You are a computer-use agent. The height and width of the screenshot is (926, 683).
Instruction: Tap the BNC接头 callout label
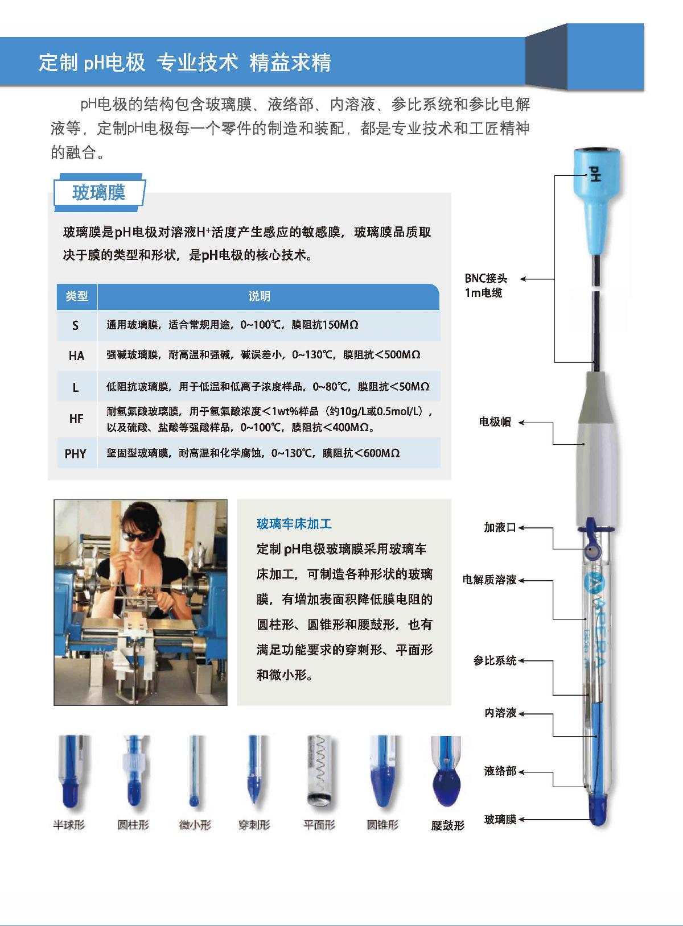485,278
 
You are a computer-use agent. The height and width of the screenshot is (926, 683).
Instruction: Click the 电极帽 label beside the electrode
495,422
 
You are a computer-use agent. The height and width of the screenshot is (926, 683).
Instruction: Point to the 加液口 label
500,528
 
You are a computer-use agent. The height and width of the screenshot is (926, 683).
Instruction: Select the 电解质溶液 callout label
489,580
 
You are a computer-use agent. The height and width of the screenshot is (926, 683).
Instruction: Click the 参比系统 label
494,660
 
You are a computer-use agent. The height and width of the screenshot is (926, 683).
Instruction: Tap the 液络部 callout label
500,771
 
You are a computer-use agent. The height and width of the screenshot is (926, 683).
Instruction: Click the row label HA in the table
76,356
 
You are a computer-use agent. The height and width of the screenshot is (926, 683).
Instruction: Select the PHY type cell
76,454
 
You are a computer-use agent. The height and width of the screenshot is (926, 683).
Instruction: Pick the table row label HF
76,419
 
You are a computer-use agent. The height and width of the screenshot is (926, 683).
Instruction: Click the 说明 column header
259,296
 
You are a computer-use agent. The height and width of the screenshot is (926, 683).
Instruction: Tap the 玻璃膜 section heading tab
98,193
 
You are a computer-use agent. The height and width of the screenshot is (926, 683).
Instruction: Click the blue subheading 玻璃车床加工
294,524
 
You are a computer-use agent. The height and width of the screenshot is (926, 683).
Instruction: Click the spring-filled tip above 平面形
319,771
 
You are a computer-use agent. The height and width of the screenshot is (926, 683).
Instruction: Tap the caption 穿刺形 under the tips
254,825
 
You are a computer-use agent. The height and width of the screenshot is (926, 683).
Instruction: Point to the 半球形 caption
68,825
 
